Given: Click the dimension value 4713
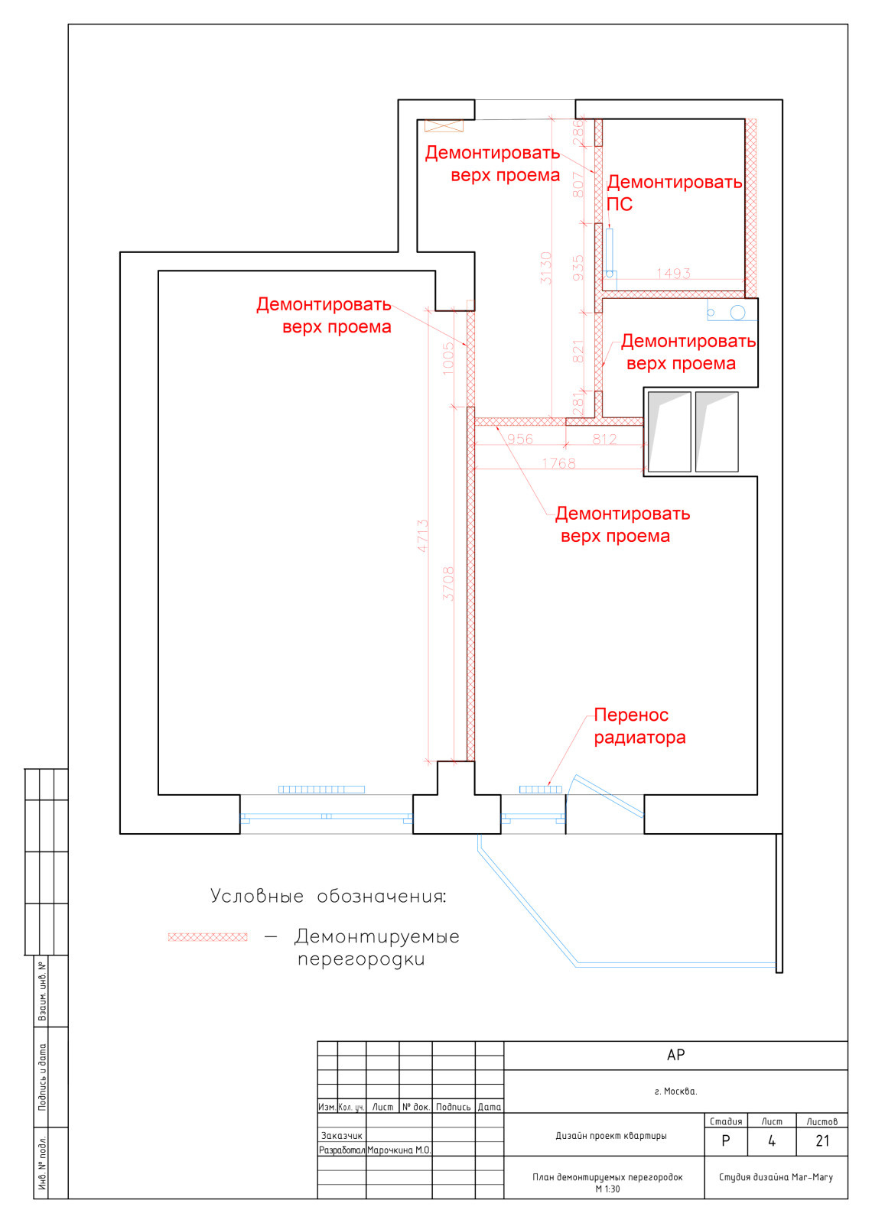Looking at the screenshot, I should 422,536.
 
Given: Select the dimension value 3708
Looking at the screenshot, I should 448,583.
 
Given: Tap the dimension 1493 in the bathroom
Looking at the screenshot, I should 673,273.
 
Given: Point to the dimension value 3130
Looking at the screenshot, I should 545,268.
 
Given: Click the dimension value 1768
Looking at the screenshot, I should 558,463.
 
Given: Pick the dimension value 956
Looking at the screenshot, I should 520,440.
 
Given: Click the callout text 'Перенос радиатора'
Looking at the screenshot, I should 639,726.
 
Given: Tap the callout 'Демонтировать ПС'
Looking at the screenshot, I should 673,193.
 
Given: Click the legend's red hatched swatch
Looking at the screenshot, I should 208,936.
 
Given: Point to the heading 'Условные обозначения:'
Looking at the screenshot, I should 328,896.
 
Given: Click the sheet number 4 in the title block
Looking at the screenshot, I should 772,1141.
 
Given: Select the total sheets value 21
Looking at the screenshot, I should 822,1141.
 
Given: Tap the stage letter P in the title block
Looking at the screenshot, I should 726,1141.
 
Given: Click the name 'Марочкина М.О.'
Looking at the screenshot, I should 399,1150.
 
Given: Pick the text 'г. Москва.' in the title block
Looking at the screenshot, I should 675,1091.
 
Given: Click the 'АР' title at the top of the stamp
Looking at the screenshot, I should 675,1055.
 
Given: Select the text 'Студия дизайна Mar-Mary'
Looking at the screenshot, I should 776,1177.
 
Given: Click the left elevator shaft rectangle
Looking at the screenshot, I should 669,432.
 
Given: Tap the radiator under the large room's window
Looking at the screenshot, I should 321,790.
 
